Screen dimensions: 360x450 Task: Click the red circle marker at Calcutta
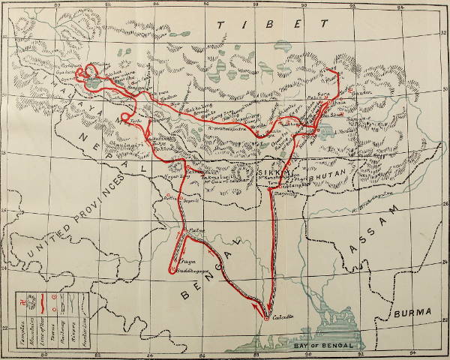coord(266,319)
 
